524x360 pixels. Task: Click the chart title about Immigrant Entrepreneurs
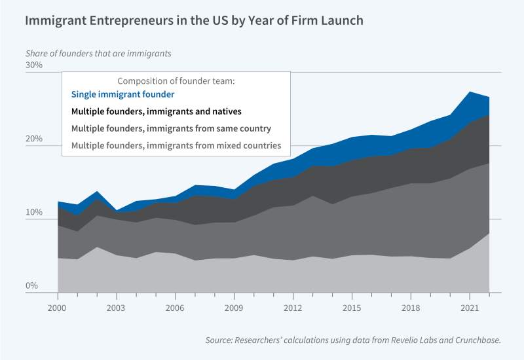pos(194,20)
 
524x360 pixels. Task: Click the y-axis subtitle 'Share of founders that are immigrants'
pos(102,52)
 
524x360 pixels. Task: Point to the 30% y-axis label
pos(34,65)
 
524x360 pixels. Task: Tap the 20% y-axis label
pos(34,139)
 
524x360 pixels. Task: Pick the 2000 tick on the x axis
pos(58,307)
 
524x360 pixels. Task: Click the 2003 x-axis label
pos(116,307)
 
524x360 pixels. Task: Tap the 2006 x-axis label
pos(175,307)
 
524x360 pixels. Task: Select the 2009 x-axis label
pos(234,307)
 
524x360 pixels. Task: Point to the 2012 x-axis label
pos(292,307)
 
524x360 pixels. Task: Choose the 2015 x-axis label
pos(351,307)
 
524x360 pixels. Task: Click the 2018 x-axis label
pos(410,307)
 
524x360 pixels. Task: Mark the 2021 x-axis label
pos(469,307)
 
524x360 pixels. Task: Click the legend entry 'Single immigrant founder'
pos(122,95)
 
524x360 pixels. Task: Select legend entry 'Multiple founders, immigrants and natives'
pos(157,112)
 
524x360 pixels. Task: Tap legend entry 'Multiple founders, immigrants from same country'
pos(171,128)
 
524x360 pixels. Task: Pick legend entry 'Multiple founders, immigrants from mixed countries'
pos(176,145)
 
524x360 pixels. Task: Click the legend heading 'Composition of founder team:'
pos(176,81)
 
